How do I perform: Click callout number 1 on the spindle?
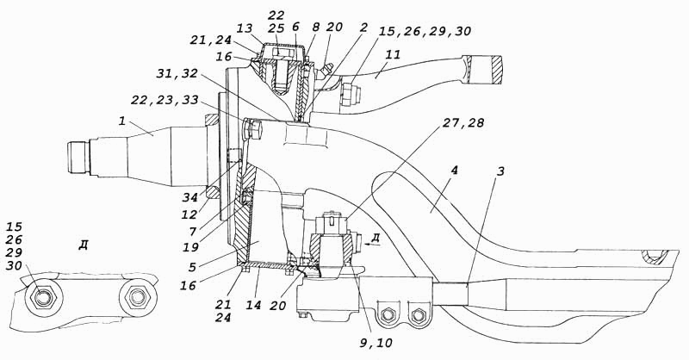coord(123,121)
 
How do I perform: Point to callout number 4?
coord(455,171)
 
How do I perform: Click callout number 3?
coord(500,171)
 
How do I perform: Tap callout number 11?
coord(394,55)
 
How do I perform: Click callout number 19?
coord(190,247)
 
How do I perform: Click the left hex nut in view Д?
coord(42,299)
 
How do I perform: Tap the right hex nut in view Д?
coord(138,298)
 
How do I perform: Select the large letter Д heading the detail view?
coord(83,245)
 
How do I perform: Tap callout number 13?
coord(244,28)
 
